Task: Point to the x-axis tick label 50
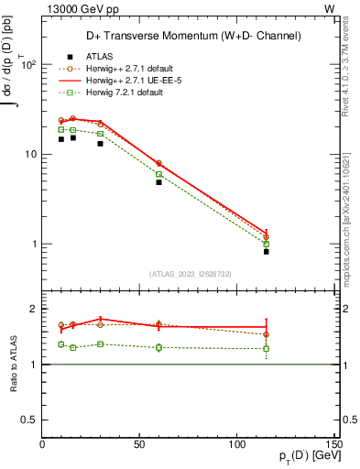pyautogui.click(x=140, y=444)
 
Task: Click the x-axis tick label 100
pyautogui.click(x=237, y=444)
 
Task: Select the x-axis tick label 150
pyautogui.click(x=334, y=444)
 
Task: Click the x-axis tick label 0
pyautogui.click(x=43, y=444)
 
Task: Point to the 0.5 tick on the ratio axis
pyautogui.click(x=30, y=420)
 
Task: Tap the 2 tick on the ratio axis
pyautogui.click(x=35, y=309)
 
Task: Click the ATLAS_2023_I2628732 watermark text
pyautogui.click(x=189, y=274)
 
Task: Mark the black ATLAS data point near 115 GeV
pyautogui.click(x=267, y=251)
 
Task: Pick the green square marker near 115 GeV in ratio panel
pyautogui.click(x=267, y=348)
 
